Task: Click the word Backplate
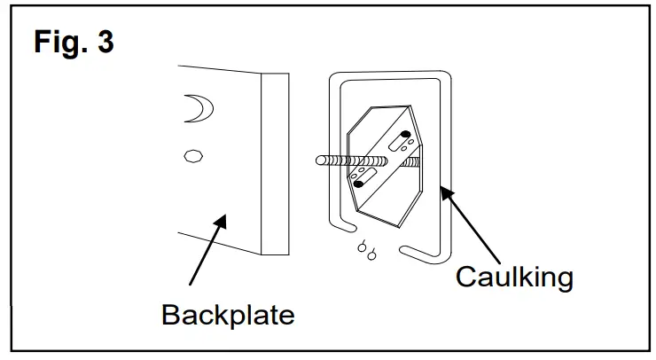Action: tap(228, 314)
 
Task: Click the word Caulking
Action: tap(514, 277)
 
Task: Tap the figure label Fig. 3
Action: tap(74, 42)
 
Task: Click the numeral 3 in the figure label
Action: tap(105, 42)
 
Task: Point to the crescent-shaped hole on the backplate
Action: tap(196, 108)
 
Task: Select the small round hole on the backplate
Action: tap(190, 156)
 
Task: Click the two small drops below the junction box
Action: tap(366, 251)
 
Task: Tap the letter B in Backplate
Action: tap(171, 314)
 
